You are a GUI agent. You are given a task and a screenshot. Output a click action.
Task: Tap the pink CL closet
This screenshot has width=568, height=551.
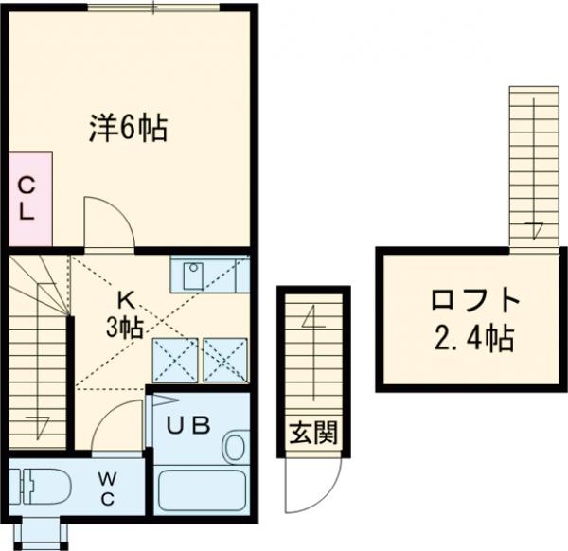(x=27, y=197)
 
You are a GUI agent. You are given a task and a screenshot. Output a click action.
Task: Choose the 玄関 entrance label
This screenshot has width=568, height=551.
(x=312, y=435)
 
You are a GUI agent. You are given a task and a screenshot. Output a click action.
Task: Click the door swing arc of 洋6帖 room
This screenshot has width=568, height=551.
(x=107, y=222)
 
